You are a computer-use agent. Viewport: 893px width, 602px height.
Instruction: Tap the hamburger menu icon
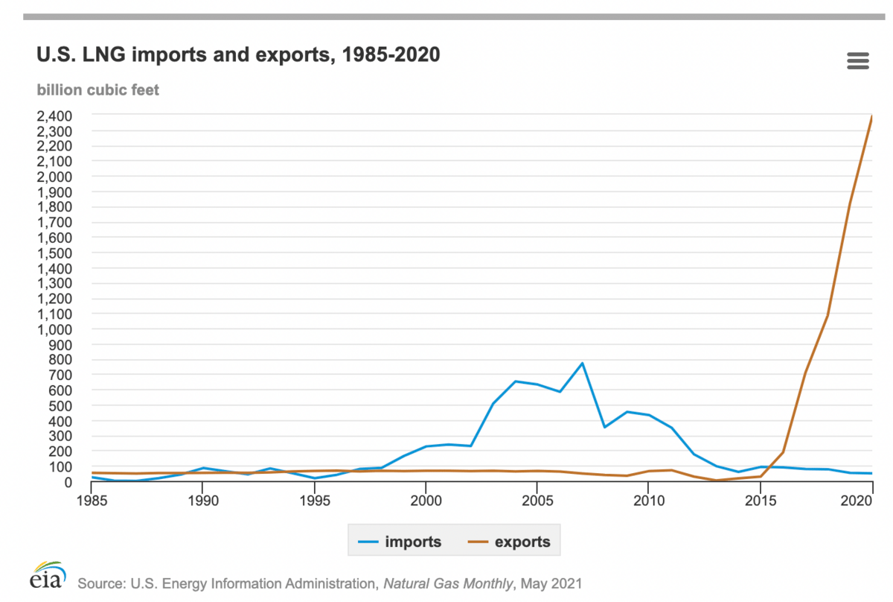coord(858,61)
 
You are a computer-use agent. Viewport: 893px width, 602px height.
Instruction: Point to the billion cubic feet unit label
coord(97,90)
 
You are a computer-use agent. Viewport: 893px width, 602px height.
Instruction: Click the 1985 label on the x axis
coord(91,498)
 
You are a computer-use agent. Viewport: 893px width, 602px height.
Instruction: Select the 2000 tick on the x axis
coord(425,498)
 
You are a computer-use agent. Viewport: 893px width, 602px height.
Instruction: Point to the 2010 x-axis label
coord(648,498)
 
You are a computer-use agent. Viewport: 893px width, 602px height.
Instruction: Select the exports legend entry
coord(508,542)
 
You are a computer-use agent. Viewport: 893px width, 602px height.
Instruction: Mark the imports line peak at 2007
coord(582,363)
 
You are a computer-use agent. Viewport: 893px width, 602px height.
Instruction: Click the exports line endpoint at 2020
coord(871,117)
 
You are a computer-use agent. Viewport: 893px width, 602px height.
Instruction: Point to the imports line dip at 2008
coord(604,427)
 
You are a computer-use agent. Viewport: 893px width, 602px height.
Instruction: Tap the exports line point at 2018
coord(828,315)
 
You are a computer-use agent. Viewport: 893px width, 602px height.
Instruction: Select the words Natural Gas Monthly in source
coord(447,583)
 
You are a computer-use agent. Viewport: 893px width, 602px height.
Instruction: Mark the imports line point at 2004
coord(515,381)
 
